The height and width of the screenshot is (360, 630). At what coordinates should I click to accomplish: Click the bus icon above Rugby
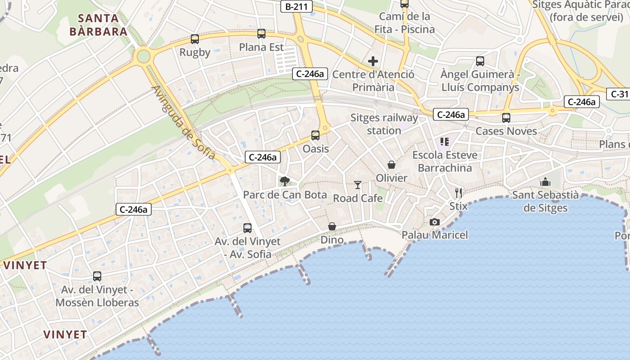(x=195, y=39)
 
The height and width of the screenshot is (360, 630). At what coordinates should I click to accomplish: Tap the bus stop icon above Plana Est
(x=261, y=34)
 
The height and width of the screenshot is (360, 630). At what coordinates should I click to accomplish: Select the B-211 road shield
(x=296, y=6)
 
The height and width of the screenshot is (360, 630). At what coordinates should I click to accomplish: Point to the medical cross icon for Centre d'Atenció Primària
(x=373, y=61)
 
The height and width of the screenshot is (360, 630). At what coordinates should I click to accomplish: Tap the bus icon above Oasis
(x=315, y=135)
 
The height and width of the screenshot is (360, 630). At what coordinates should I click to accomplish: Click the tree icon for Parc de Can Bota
(x=284, y=181)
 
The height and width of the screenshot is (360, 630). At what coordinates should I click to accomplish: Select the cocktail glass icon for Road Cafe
(x=358, y=184)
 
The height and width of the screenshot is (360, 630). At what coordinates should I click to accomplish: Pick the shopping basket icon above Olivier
(x=391, y=165)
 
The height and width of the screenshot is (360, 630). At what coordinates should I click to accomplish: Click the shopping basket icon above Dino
(x=332, y=226)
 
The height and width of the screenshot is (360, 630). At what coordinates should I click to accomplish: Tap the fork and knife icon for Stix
(x=459, y=193)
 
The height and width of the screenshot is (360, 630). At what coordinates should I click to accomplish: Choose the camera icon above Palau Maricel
(x=435, y=222)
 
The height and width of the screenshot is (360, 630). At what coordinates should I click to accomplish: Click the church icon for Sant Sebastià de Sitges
(x=545, y=182)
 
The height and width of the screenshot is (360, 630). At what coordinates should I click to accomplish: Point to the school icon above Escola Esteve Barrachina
(x=445, y=142)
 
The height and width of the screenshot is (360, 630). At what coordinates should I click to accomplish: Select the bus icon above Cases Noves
(x=506, y=118)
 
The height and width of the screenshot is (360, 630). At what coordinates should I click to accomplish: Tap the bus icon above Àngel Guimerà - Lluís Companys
(x=480, y=61)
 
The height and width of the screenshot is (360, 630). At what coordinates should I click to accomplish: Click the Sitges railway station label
(x=384, y=124)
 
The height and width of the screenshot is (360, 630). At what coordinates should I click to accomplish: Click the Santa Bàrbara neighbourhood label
(x=99, y=25)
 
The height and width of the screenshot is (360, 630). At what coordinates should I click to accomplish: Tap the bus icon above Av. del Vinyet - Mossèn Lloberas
(x=97, y=276)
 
